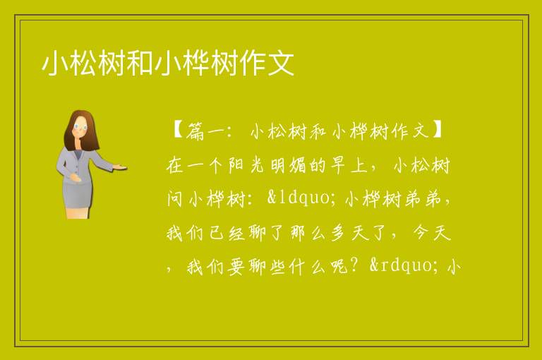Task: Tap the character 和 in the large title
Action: click(140, 63)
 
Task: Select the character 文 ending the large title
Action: click(281, 63)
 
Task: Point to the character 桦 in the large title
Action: click(196, 63)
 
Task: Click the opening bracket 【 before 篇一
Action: click(177, 131)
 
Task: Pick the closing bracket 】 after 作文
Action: click(437, 131)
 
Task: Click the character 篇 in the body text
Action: click(195, 131)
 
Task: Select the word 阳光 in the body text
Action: click(246, 165)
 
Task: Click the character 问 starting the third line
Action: click(175, 199)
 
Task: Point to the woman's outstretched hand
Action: click(119, 167)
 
